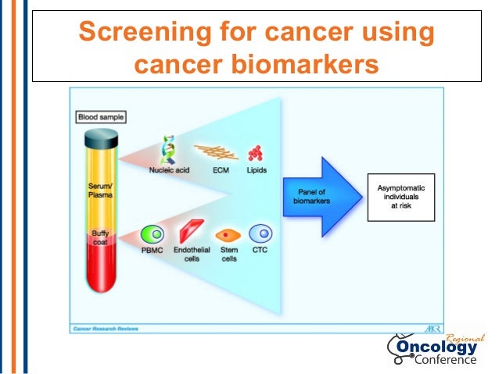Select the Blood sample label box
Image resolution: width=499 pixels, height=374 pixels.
click(x=101, y=117)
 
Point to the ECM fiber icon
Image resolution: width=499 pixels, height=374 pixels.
click(x=216, y=151)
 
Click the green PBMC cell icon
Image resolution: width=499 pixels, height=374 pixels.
click(x=151, y=233)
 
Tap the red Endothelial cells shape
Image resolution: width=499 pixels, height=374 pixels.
click(x=190, y=232)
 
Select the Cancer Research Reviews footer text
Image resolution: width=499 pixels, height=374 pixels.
click(x=106, y=328)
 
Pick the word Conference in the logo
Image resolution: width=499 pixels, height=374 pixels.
click(x=444, y=360)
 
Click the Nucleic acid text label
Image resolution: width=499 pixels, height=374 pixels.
click(x=169, y=169)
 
